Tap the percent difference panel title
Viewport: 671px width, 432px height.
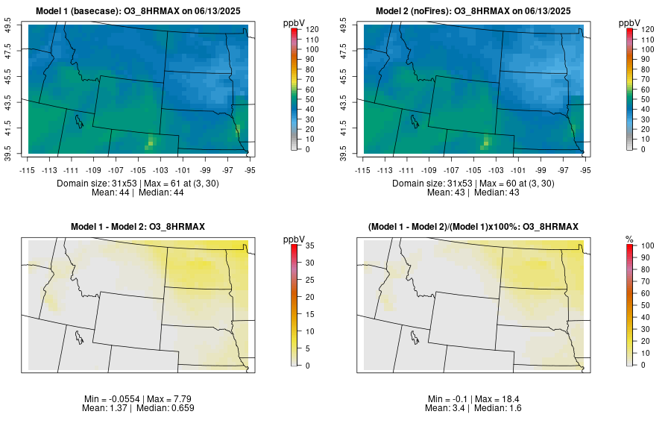pos(473,226)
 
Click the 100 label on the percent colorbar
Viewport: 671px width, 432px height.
pos(647,245)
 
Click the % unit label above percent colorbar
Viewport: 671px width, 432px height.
pos(629,239)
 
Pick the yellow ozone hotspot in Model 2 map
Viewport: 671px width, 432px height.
pos(487,140)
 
